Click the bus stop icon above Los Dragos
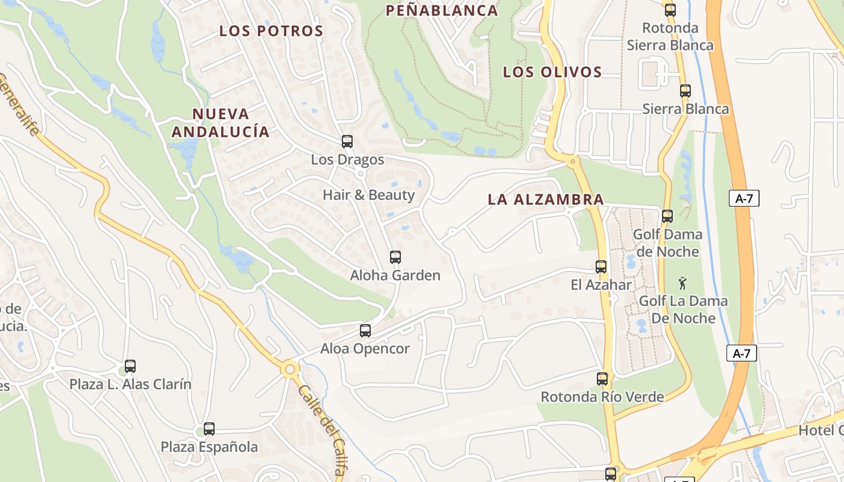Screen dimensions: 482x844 click(x=347, y=142)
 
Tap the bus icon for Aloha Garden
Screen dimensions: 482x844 click(x=395, y=257)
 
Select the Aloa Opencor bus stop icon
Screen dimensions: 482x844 click(x=365, y=331)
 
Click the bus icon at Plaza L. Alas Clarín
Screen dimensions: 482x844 click(x=130, y=366)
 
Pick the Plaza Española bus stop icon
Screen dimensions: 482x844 click(x=209, y=429)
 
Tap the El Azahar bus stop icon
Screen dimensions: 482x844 click(x=601, y=267)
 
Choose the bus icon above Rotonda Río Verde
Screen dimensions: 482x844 click(x=602, y=379)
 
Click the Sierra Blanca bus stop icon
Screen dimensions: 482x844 click(x=685, y=91)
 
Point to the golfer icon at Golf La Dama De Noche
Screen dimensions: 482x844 click(x=682, y=283)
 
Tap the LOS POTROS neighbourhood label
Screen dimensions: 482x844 click(x=271, y=31)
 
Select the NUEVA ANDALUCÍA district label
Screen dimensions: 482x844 click(x=221, y=122)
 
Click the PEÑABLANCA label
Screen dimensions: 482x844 click(x=442, y=10)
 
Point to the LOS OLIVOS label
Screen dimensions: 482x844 click(x=552, y=72)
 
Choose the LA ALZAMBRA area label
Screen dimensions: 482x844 click(x=546, y=199)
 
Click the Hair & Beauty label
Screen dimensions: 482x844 click(x=369, y=195)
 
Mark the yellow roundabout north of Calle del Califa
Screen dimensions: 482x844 click(x=290, y=368)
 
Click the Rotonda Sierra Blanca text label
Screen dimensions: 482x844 click(x=670, y=36)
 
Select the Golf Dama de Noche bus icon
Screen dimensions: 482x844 click(x=667, y=216)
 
